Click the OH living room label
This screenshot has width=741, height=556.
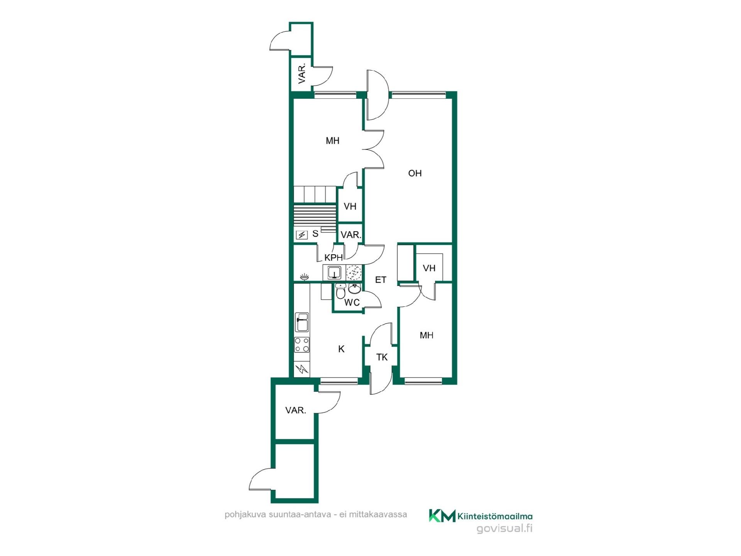tap(415, 173)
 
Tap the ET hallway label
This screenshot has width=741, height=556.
tap(381, 280)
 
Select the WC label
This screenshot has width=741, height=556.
tap(352, 303)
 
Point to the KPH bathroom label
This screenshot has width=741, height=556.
tap(333, 258)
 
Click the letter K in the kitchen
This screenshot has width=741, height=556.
tap(341, 349)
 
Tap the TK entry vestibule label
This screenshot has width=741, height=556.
tap(382, 357)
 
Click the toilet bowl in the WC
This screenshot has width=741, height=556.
tap(340, 292)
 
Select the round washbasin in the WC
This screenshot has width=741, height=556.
tap(354, 287)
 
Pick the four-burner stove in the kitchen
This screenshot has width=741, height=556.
tap(302, 345)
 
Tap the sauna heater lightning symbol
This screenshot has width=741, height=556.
tap(301, 235)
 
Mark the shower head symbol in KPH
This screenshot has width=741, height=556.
tap(305, 276)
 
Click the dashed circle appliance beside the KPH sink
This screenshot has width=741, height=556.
tap(354, 272)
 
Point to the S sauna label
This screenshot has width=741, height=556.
tap(315, 233)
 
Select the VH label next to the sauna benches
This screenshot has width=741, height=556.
tap(350, 206)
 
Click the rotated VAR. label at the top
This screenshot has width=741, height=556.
tap(302, 73)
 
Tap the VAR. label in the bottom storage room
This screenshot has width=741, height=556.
tap(296, 410)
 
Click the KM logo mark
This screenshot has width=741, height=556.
tap(442, 515)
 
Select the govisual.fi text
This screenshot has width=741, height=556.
tap(505, 528)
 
